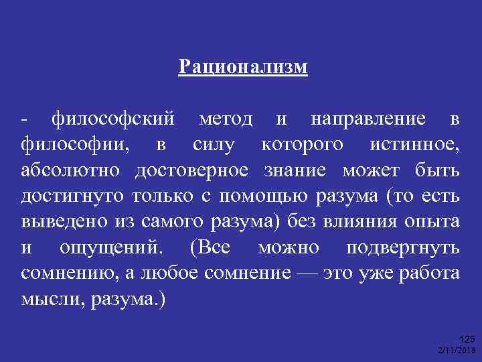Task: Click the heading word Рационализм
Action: click(244, 67)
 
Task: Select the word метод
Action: click(226, 120)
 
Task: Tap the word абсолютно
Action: click(71, 170)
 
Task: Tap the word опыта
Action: click(435, 221)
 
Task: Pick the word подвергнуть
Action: click(403, 247)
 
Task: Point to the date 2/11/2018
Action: click(456, 351)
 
